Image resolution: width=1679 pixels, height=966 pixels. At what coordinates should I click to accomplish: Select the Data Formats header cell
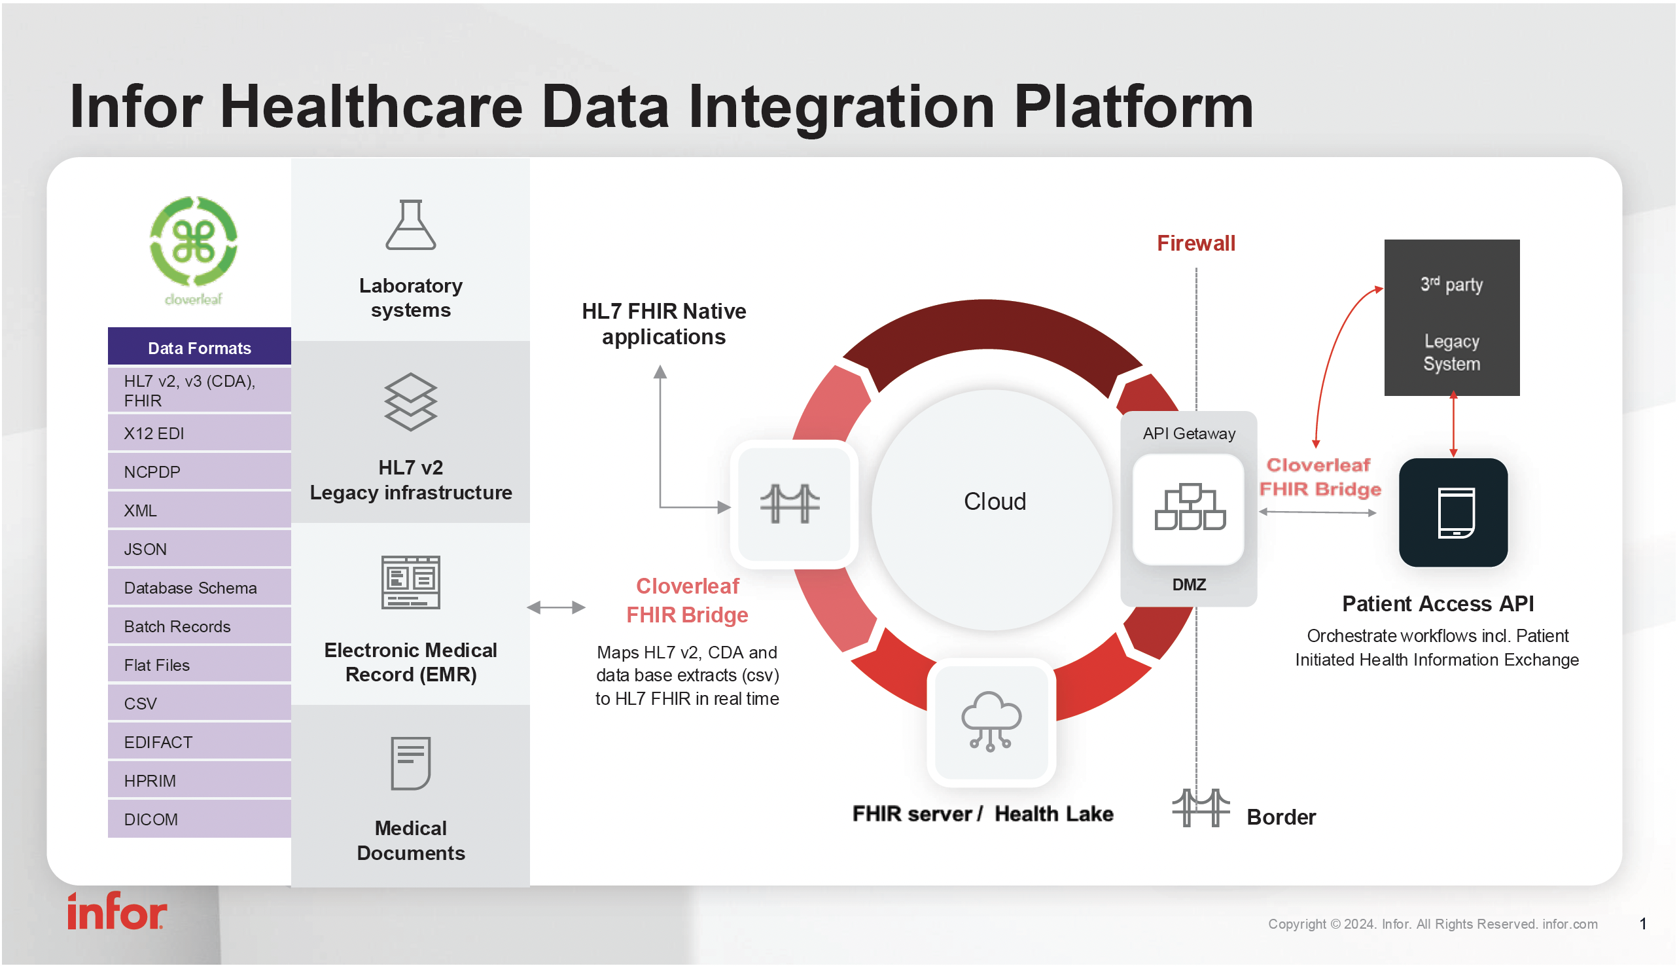pyautogui.click(x=199, y=348)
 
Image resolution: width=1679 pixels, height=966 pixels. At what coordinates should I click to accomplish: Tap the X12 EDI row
pyautogui.click(x=199, y=433)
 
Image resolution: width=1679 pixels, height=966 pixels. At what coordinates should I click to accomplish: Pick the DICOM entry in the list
pyautogui.click(x=199, y=819)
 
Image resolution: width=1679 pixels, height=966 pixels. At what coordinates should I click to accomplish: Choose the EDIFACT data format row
pyautogui.click(x=199, y=742)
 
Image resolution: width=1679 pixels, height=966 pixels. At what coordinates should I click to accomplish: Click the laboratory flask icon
pyautogui.click(x=410, y=226)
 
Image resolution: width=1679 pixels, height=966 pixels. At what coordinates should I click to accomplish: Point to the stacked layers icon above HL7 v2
pyautogui.click(x=410, y=402)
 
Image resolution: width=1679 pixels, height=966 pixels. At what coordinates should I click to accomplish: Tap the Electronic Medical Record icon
pyautogui.click(x=410, y=582)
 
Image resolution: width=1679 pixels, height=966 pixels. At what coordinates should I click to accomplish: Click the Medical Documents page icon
pyautogui.click(x=410, y=764)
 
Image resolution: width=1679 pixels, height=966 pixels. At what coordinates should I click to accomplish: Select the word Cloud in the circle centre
pyautogui.click(x=994, y=501)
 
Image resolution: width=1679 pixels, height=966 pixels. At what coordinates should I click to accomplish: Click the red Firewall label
pyautogui.click(x=1195, y=243)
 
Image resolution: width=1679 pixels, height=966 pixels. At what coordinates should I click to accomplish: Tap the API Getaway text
pyautogui.click(x=1189, y=434)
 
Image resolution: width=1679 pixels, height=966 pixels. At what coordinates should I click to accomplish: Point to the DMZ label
pyautogui.click(x=1189, y=584)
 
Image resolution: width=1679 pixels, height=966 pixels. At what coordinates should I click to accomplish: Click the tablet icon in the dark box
pyautogui.click(x=1455, y=513)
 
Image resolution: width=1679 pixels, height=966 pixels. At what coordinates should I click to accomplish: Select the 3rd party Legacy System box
pyautogui.click(x=1451, y=319)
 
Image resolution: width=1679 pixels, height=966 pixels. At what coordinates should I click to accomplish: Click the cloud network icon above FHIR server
pyautogui.click(x=991, y=722)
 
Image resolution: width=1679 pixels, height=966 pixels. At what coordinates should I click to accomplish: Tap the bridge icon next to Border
pyautogui.click(x=1200, y=808)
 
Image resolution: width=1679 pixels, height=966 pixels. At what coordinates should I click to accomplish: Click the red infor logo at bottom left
pyautogui.click(x=116, y=912)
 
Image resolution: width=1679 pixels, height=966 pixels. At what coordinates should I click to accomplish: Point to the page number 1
pyautogui.click(x=1642, y=923)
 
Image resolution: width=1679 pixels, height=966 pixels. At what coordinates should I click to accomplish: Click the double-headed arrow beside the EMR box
pyautogui.click(x=556, y=607)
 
